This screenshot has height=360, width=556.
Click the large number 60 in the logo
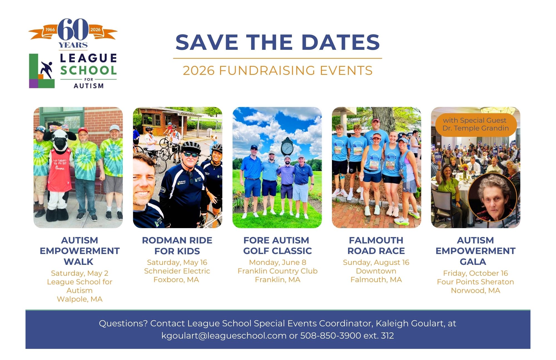[73, 29]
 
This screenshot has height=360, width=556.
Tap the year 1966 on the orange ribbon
[50, 29]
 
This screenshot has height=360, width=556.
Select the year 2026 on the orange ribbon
[95, 29]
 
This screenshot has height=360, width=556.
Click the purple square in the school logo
[33, 83]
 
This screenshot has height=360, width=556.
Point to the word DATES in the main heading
[340, 42]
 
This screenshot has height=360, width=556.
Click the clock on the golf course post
[287, 147]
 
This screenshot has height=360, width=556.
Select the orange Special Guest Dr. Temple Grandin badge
[475, 124]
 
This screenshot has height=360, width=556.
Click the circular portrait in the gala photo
[492, 198]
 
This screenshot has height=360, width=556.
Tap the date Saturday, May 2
[80, 273]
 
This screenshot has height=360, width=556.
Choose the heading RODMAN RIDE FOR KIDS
[177, 246]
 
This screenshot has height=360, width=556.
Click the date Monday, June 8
[277, 262]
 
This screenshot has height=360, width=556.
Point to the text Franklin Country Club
[277, 271]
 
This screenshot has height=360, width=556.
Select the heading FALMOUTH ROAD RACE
[376, 246]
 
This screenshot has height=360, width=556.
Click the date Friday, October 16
[475, 273]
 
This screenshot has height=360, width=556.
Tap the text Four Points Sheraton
[475, 282]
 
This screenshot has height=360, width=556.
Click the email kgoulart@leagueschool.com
[224, 336]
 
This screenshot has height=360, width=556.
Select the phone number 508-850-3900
[331, 336]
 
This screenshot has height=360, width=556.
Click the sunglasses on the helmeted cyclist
[190, 155]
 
